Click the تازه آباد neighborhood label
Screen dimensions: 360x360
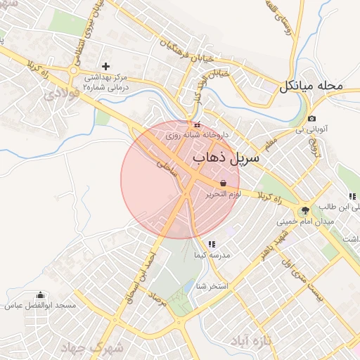point(250,342)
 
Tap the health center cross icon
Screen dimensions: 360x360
point(105,65)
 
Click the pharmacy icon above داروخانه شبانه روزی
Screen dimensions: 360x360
point(196,124)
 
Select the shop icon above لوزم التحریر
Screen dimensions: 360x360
point(223,182)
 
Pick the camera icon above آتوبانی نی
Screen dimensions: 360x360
point(311,118)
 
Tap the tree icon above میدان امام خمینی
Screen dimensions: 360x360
point(305,210)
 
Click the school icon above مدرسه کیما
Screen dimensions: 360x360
point(212,244)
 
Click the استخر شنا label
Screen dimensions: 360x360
point(212,285)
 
